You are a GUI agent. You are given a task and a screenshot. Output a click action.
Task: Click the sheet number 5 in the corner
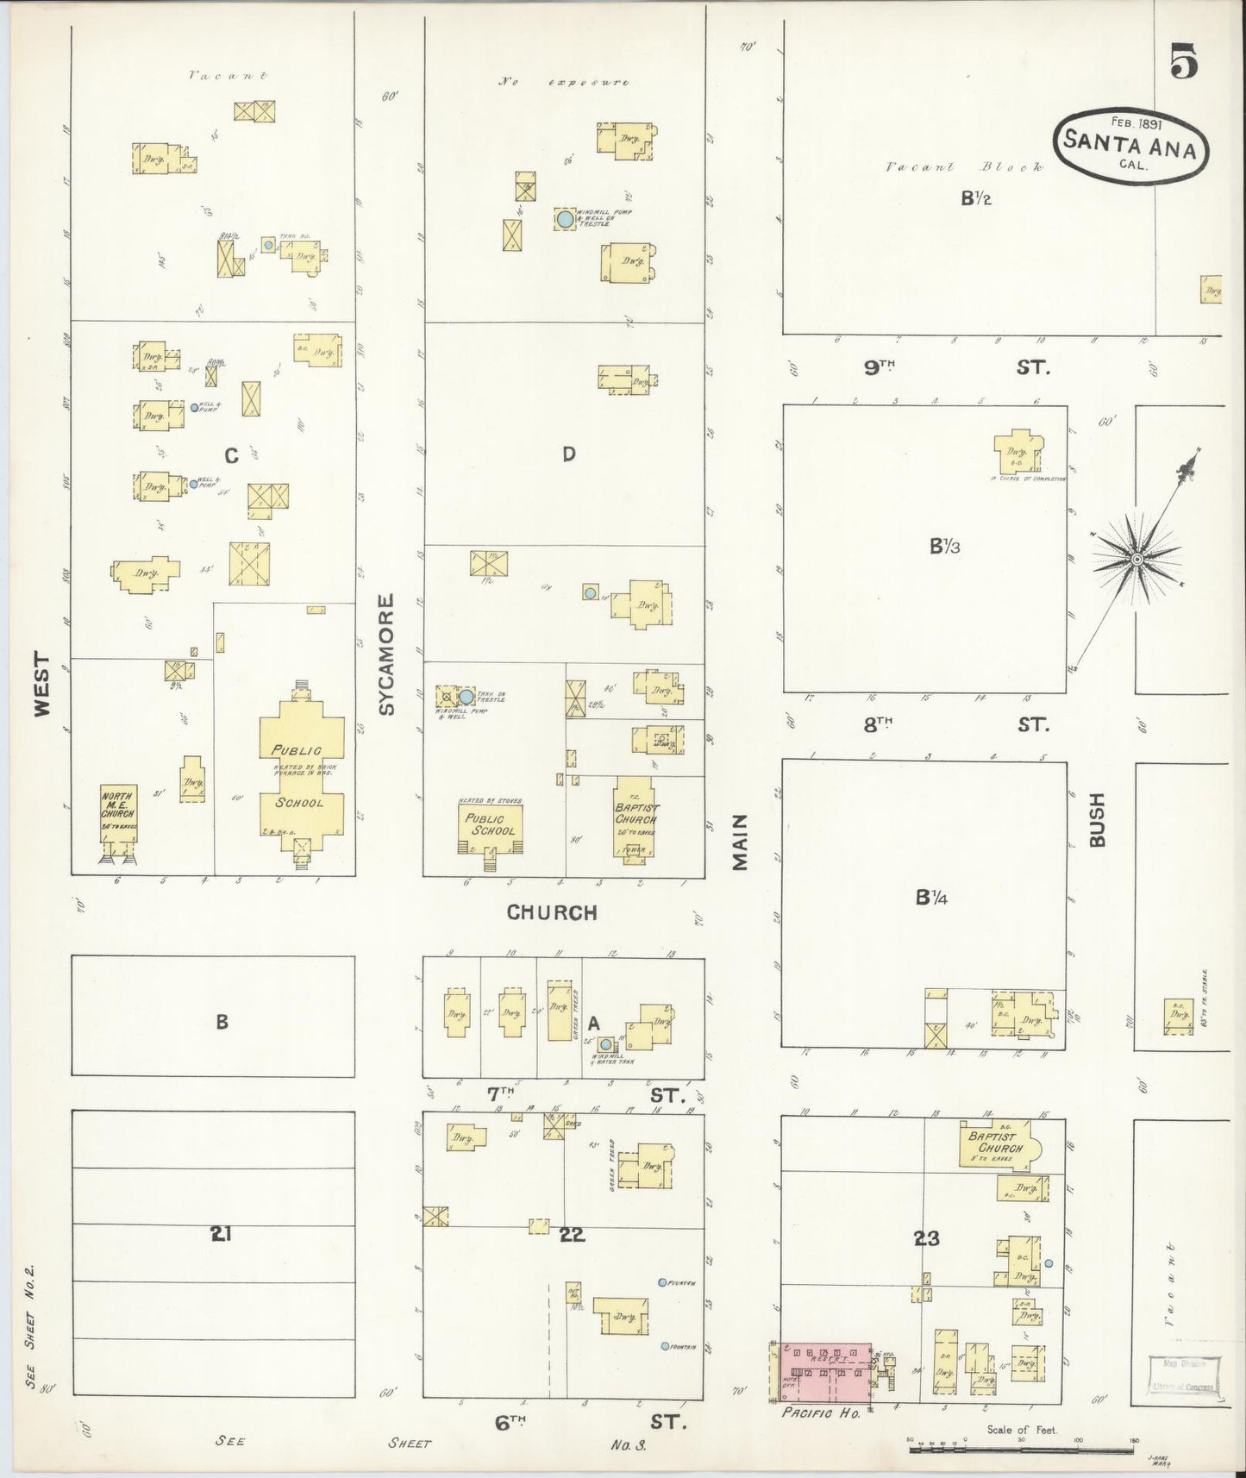pyautogui.click(x=1184, y=63)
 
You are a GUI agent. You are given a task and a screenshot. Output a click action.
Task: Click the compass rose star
pyautogui.click(x=1136, y=561)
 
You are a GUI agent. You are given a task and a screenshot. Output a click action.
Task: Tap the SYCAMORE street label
pyautogui.click(x=386, y=654)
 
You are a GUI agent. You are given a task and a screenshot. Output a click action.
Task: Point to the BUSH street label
pyautogui.click(x=1097, y=819)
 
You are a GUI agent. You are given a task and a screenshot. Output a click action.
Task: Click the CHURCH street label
pyautogui.click(x=552, y=912)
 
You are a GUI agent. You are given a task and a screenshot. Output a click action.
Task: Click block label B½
pyautogui.click(x=976, y=198)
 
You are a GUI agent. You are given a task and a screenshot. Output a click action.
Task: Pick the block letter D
pyautogui.click(x=568, y=454)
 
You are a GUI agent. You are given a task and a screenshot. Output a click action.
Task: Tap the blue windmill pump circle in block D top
pyautogui.click(x=565, y=219)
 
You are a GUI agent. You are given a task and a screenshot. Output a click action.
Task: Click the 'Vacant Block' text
pyautogui.click(x=964, y=167)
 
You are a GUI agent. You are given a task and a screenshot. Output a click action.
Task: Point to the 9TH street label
pyautogui.click(x=880, y=367)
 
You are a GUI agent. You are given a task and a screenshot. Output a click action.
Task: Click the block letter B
pyautogui.click(x=222, y=1022)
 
